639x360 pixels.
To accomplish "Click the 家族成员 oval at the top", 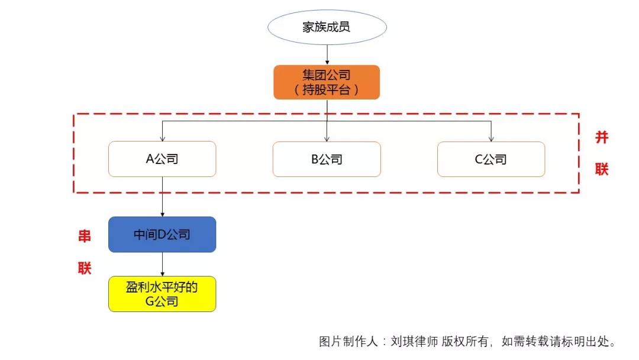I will pyautogui.click(x=327, y=27).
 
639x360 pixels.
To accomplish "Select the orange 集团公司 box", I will pyautogui.click(x=326, y=82).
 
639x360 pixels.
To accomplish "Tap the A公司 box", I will pyautogui.click(x=162, y=159).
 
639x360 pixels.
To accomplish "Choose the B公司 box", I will pyautogui.click(x=327, y=159).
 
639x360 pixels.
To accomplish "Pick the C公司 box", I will pyautogui.click(x=491, y=159).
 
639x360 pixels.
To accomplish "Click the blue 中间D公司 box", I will pyautogui.click(x=162, y=234).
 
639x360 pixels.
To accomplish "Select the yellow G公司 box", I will pyautogui.click(x=162, y=294).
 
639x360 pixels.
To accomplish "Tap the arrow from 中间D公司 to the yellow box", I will pyautogui.click(x=162, y=264).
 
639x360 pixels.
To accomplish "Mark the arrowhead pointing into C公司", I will pyautogui.click(x=491, y=139).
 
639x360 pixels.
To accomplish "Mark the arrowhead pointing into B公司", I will pyautogui.click(x=327, y=139).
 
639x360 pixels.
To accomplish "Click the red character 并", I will pyautogui.click(x=601, y=138).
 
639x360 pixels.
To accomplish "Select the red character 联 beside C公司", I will pyautogui.click(x=601, y=169).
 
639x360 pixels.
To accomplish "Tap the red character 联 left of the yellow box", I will pyautogui.click(x=85, y=268).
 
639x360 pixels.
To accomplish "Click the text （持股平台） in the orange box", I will pyautogui.click(x=326, y=90).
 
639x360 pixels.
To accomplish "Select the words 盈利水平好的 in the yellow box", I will pyautogui.click(x=162, y=288).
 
